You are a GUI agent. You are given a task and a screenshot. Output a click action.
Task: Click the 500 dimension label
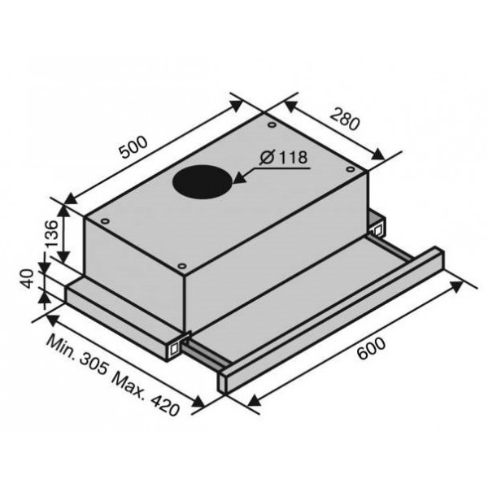133,147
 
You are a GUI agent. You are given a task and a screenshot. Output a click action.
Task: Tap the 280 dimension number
345,119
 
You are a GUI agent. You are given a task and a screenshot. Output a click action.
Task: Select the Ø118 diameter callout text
284,157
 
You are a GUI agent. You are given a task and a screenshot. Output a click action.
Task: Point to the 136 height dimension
52,233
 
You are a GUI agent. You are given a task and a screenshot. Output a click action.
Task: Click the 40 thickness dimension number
27,279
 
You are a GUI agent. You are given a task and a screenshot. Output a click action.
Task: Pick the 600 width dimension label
371,349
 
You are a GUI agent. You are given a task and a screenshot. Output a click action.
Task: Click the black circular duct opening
203,181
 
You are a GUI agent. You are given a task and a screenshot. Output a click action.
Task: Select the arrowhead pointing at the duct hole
240,177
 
